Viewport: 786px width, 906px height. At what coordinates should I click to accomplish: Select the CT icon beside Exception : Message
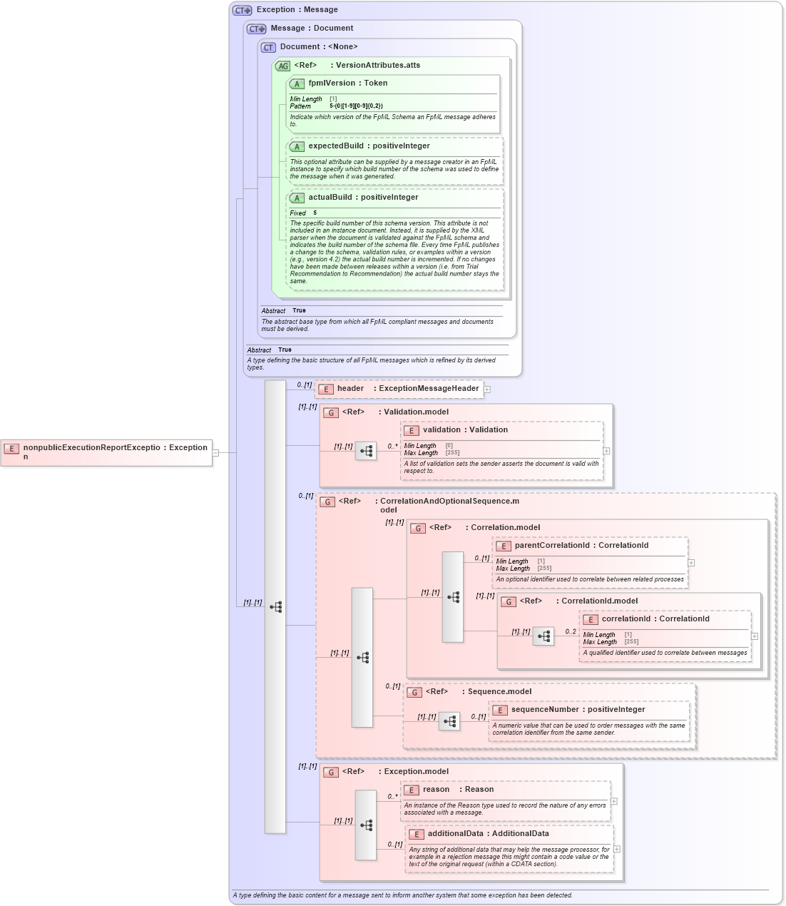click(243, 11)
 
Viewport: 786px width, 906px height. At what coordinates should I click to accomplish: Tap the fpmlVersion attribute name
click(331, 83)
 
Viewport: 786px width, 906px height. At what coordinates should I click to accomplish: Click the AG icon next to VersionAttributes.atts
click(283, 66)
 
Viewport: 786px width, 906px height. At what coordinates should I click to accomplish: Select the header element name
click(350, 389)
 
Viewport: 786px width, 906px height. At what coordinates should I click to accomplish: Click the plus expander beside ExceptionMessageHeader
click(487, 390)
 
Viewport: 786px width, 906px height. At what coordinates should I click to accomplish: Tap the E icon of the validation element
click(412, 431)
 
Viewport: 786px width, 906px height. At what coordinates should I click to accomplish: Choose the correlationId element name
click(626, 619)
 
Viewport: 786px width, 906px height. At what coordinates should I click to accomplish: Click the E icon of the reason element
click(412, 790)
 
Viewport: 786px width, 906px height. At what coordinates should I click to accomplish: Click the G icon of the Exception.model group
click(331, 773)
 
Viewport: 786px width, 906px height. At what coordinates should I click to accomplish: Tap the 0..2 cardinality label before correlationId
click(571, 632)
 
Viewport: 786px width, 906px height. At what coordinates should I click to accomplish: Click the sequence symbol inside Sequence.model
click(449, 722)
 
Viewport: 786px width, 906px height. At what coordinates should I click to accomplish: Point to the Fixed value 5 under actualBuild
click(315, 213)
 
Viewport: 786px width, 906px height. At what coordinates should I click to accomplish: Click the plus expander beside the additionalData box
click(617, 849)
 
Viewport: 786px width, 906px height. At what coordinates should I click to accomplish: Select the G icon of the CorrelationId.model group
click(509, 602)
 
